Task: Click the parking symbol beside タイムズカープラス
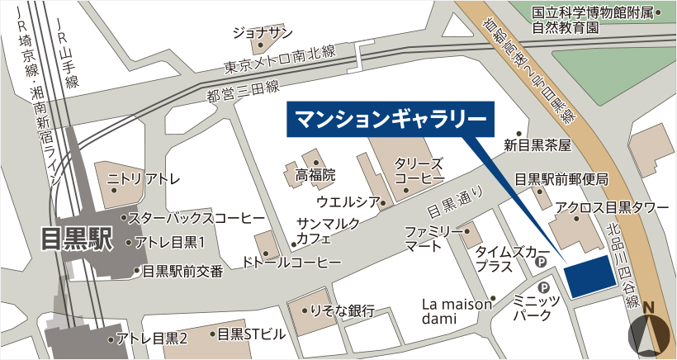[542, 262]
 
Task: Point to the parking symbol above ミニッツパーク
[544, 287]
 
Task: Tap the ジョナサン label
[263, 32]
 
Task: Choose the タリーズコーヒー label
[419, 171]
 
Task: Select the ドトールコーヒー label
[281, 262]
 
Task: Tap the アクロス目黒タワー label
[612, 207]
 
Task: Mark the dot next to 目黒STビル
[211, 335]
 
